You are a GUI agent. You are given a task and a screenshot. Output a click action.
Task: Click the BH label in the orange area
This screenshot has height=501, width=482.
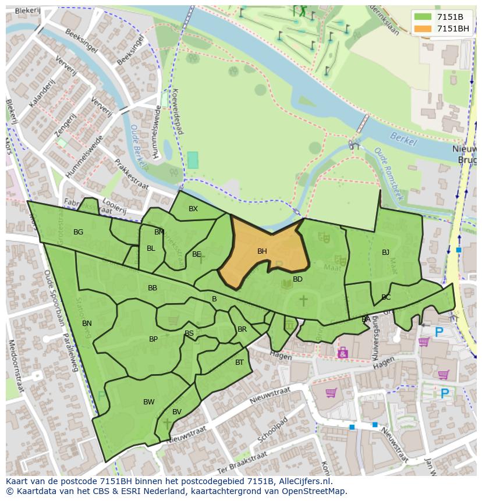pyautogui.click(x=262, y=251)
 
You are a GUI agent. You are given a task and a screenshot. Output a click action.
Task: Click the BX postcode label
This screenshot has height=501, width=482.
pyautogui.click(x=193, y=209)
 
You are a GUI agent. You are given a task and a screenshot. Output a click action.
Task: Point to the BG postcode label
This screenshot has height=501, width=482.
pyautogui.click(x=78, y=232)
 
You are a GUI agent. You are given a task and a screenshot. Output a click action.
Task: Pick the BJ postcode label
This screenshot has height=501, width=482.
pyautogui.click(x=385, y=253)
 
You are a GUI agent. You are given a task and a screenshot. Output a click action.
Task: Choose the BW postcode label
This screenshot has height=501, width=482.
pyautogui.click(x=149, y=402)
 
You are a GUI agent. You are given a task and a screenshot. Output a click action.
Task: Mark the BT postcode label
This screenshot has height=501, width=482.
pyautogui.click(x=239, y=363)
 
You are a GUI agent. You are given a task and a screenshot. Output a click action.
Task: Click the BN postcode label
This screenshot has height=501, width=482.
pyautogui.click(x=87, y=324)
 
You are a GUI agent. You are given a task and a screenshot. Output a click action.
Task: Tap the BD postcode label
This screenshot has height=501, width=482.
pyautogui.click(x=297, y=279)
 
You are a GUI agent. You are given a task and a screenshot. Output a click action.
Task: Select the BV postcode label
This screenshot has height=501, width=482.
pyautogui.click(x=177, y=412)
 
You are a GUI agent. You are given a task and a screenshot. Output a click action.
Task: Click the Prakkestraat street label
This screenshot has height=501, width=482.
pyautogui.click(x=132, y=175)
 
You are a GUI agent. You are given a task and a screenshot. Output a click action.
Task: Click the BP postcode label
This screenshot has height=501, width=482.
pyautogui.click(x=153, y=339)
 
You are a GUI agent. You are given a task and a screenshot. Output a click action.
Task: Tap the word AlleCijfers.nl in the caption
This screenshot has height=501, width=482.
pyautogui.click(x=306, y=481)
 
